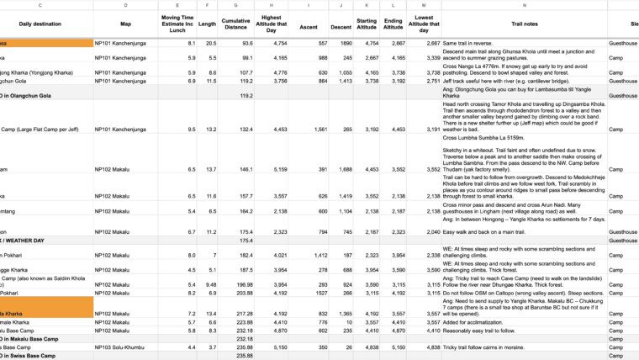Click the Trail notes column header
click(525, 24)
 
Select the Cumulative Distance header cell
click(235, 24)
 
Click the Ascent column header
click(310, 24)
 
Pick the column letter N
click(525, 5)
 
